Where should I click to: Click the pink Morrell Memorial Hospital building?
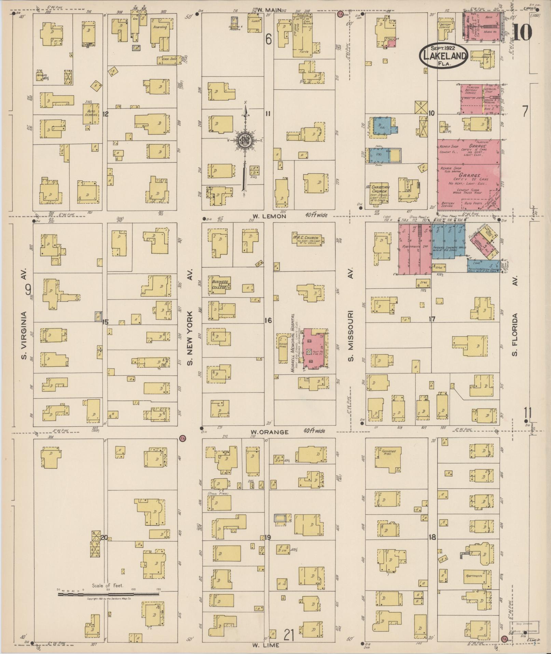[315, 349]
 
